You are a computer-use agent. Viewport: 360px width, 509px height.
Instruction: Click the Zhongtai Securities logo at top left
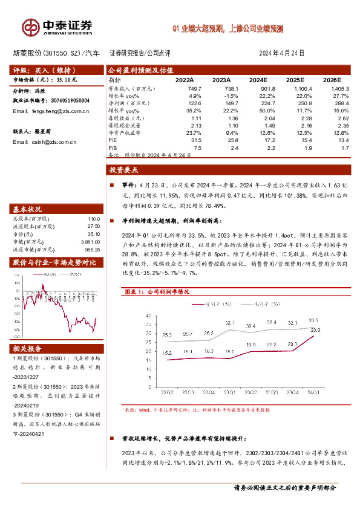[57, 27]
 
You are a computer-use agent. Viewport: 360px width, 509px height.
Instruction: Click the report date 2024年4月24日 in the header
[289, 53]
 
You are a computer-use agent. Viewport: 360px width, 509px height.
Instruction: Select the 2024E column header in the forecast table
[258, 80]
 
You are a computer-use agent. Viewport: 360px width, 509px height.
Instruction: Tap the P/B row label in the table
[112, 146]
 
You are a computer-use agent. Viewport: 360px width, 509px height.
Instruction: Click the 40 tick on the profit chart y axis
[148, 316]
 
